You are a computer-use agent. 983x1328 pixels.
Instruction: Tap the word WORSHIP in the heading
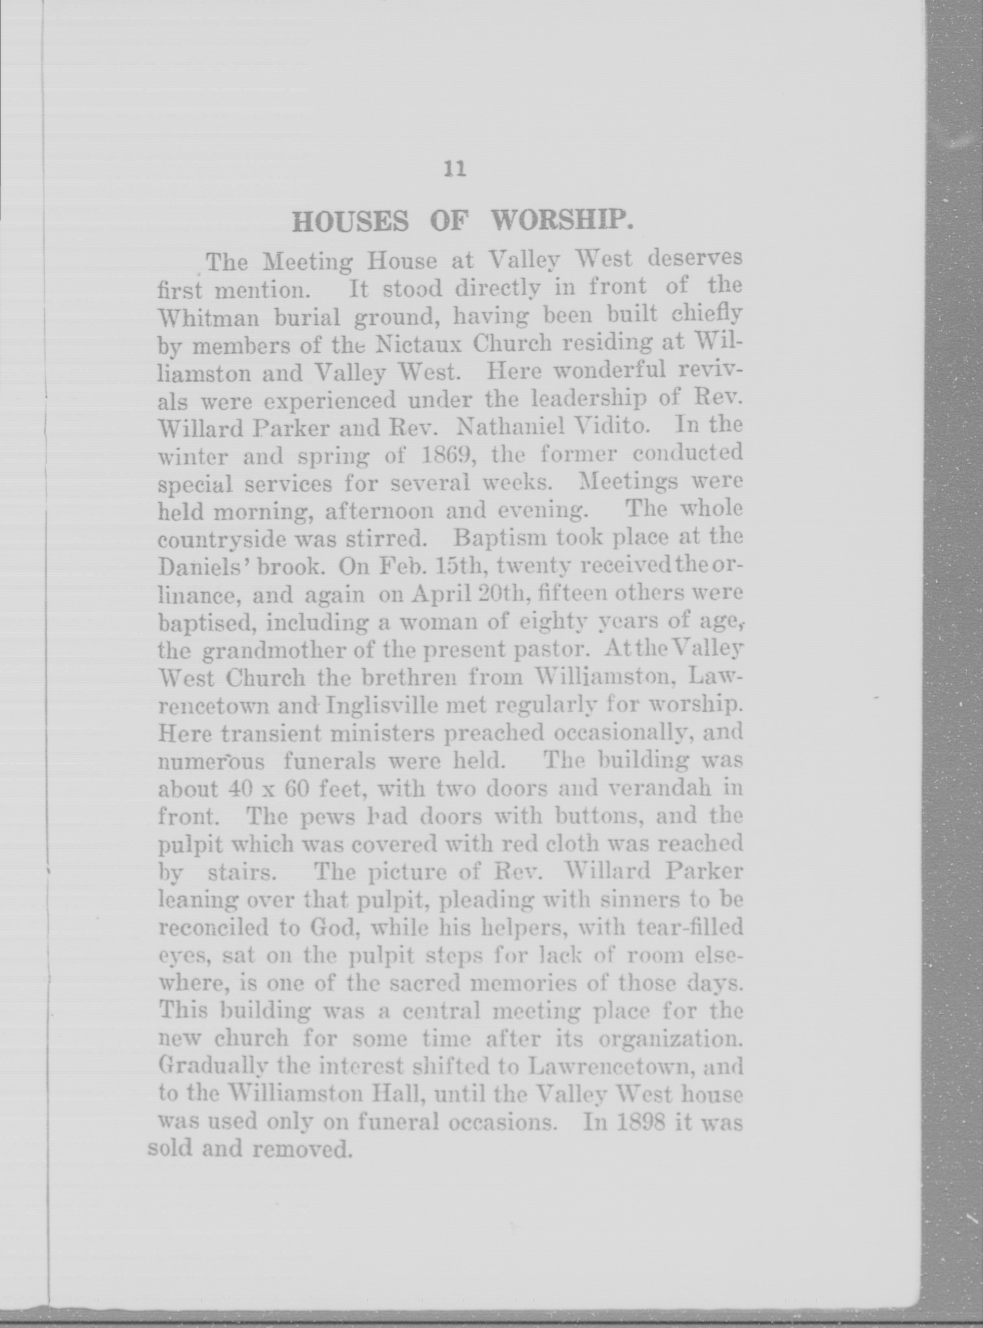[x=561, y=221]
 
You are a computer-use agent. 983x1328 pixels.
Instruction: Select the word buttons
[x=597, y=816]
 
